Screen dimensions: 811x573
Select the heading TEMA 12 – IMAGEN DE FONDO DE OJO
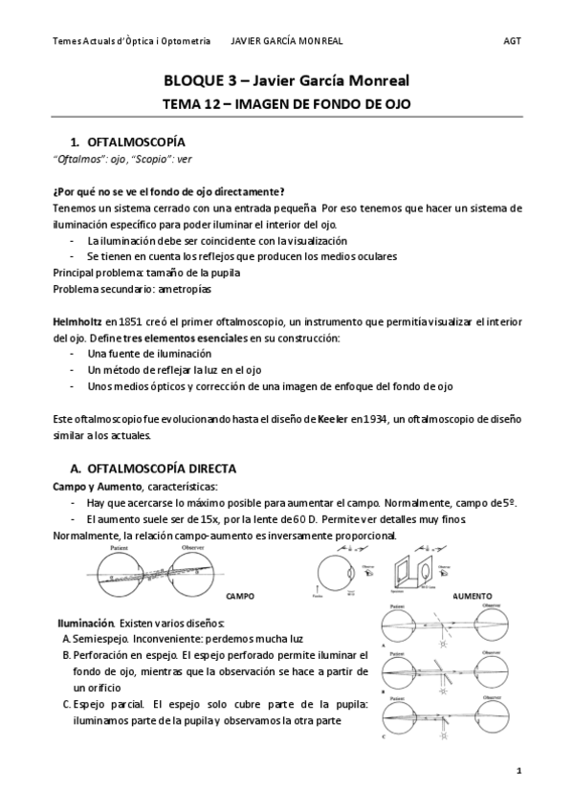click(x=286, y=104)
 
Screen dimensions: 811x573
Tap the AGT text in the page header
click(x=512, y=41)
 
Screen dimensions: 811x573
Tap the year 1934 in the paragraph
click(x=382, y=420)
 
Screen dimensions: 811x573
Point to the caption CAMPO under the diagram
click(x=240, y=595)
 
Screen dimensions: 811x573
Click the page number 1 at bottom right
click(x=518, y=769)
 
